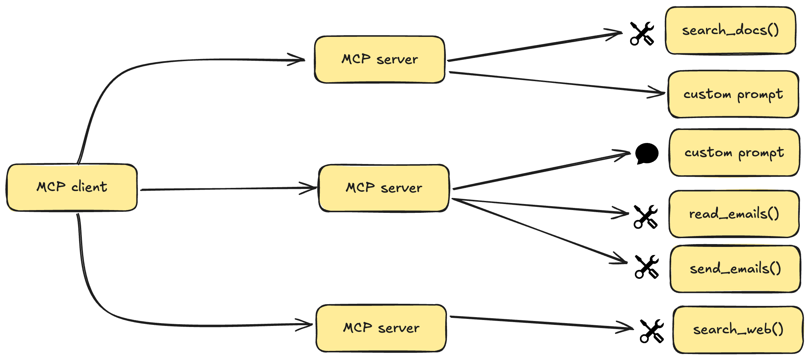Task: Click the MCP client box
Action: coord(72,188)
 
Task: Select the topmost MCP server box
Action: coord(380,59)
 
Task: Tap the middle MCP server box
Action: coord(384,188)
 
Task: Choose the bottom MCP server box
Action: coord(381,328)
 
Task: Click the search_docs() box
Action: coord(730,30)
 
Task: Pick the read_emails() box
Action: coord(734,214)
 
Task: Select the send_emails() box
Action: coord(735,269)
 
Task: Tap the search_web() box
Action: coord(738,329)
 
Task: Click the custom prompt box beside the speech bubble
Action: coord(734,152)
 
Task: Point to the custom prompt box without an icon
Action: coord(733,94)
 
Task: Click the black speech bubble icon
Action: coord(647,153)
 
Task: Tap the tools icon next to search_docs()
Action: coord(642,34)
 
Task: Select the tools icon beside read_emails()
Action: coord(646,217)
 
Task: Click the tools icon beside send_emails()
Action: coord(647,267)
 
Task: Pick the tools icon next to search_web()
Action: coord(652,331)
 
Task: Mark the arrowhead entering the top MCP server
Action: coord(299,60)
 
